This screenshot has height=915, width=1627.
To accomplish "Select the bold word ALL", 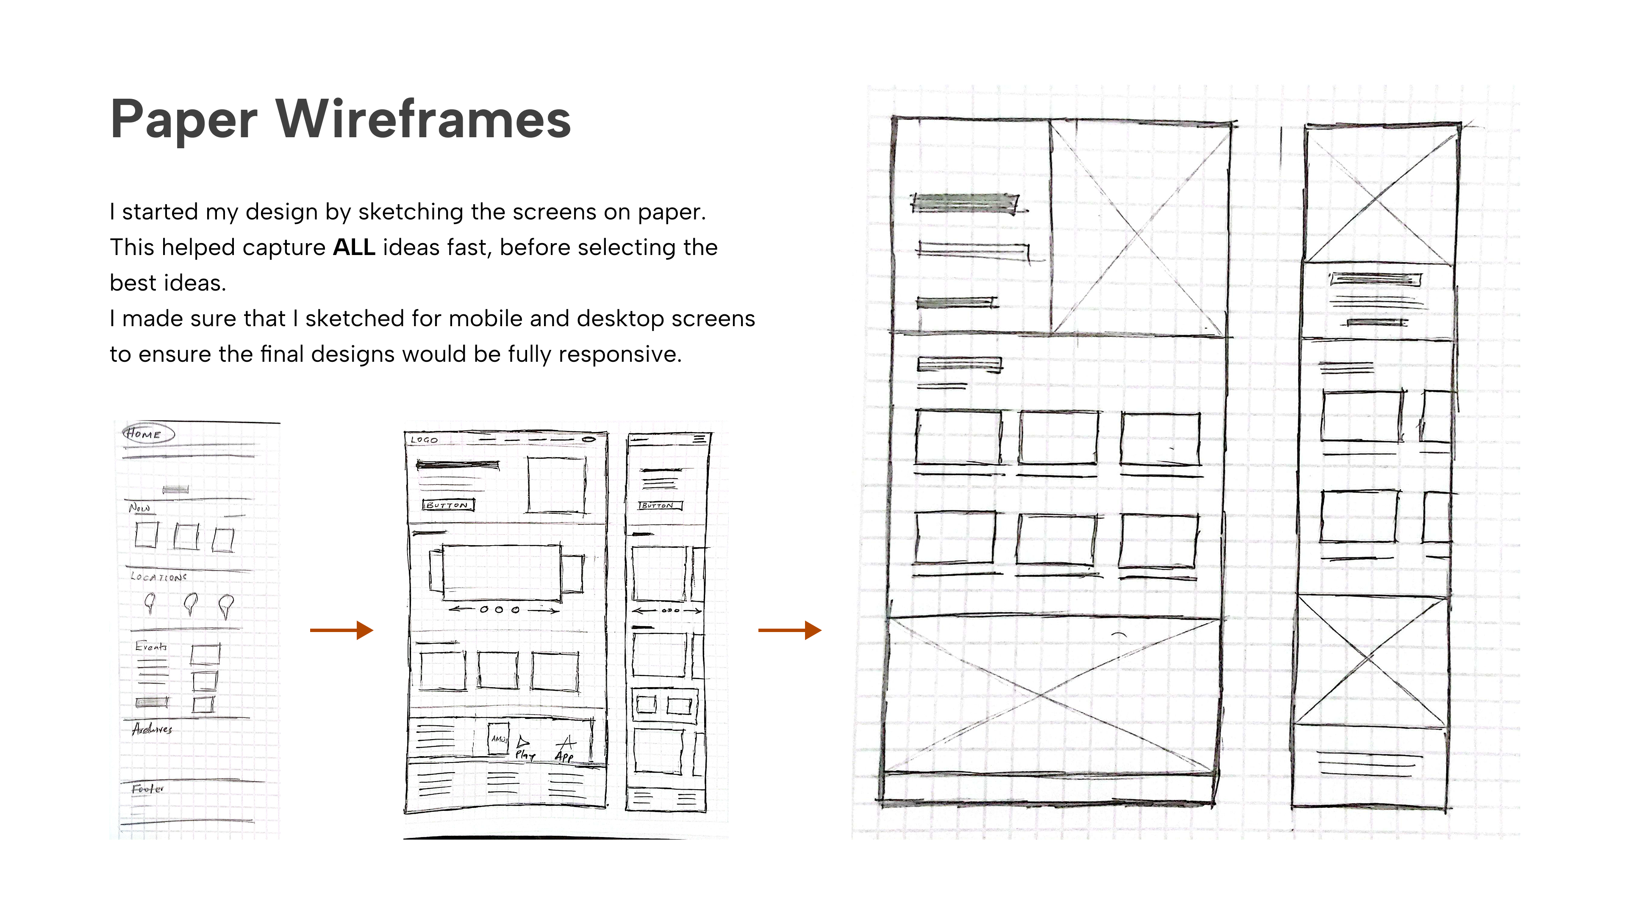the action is coord(354,247).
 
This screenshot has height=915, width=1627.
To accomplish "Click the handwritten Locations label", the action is coord(158,577).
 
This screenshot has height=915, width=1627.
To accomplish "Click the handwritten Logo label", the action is coord(424,440).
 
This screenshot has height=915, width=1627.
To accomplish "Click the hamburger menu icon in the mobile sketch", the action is coord(699,438).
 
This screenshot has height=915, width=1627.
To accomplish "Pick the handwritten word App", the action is coord(564,756).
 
